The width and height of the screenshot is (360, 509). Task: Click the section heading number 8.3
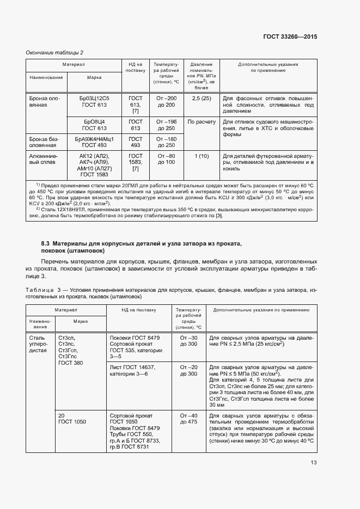point(46,242)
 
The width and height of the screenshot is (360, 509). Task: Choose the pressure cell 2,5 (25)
point(202,98)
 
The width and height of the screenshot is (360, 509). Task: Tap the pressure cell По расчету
point(202,122)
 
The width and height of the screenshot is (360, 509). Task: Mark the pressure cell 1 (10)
point(202,155)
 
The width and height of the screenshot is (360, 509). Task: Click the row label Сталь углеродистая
point(40,345)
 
